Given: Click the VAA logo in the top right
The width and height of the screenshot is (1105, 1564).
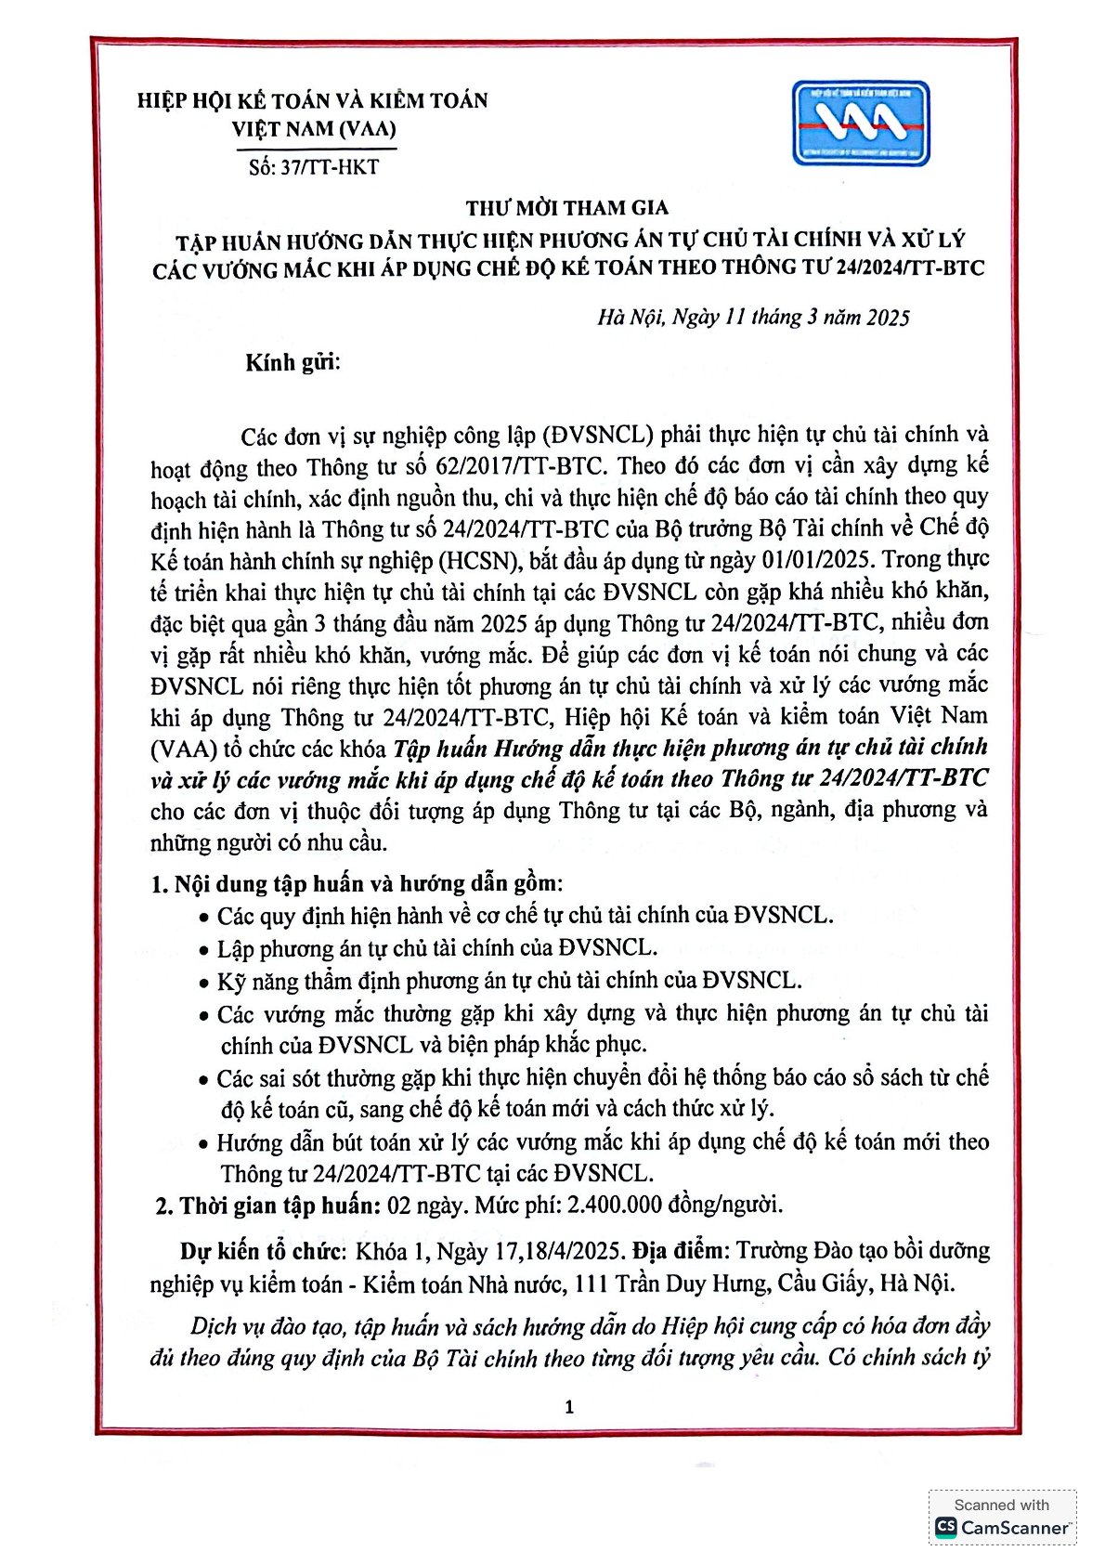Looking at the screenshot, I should pos(860,123).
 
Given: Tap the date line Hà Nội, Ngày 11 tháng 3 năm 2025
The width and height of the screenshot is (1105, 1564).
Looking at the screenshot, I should pos(753,318).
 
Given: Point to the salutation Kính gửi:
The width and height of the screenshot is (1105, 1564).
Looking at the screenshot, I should pos(292,362).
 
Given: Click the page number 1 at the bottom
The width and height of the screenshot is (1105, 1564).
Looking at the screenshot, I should pos(569,1407).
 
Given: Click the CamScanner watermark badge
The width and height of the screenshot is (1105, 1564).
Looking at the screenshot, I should pos(1002,1518).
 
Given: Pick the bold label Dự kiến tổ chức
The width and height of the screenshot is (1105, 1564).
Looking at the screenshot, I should pos(263,1251).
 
